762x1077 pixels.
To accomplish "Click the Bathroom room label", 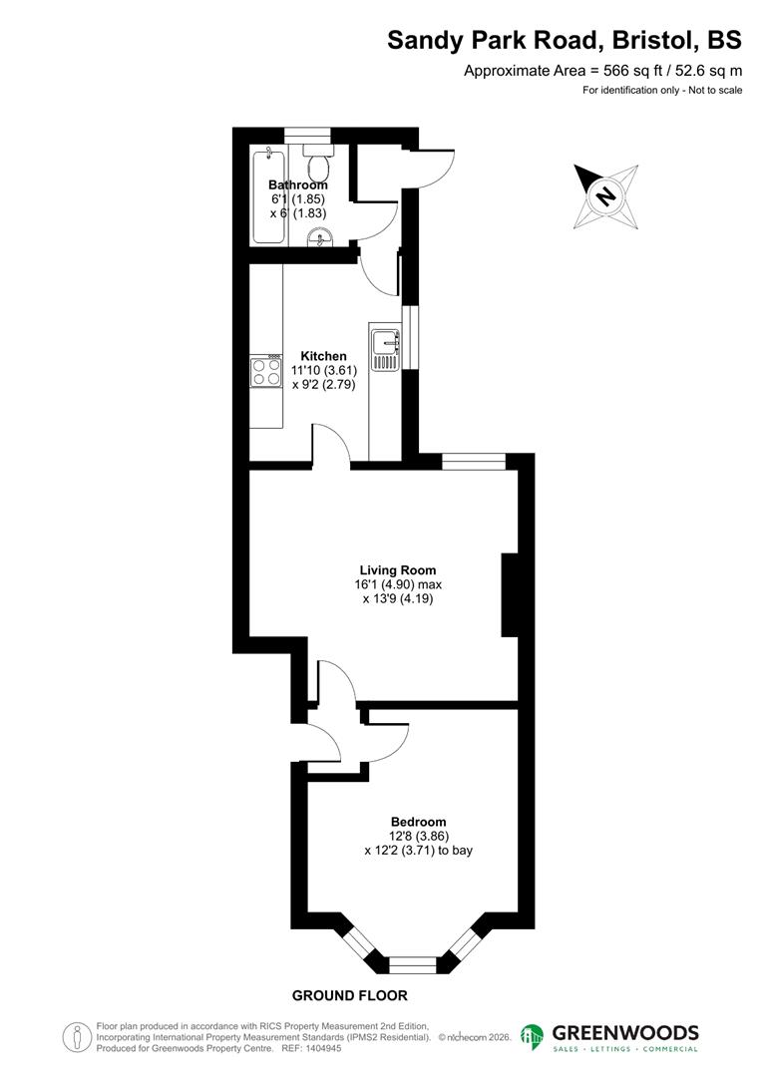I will tap(297, 184).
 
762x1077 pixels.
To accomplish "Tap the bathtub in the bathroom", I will tap(268, 196).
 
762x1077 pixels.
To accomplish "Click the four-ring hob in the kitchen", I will tap(266, 372).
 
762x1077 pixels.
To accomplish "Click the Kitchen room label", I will tap(324, 356).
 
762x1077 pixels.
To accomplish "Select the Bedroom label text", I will tap(418, 822).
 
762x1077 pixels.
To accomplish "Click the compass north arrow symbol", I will tap(605, 193).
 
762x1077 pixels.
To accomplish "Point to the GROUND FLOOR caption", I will tap(349, 995).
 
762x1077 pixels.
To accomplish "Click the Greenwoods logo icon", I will tap(532, 1037).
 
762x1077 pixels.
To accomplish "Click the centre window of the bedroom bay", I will tap(412, 964).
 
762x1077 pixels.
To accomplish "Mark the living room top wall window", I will tap(474, 461).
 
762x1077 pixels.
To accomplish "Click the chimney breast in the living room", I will tap(510, 594).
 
